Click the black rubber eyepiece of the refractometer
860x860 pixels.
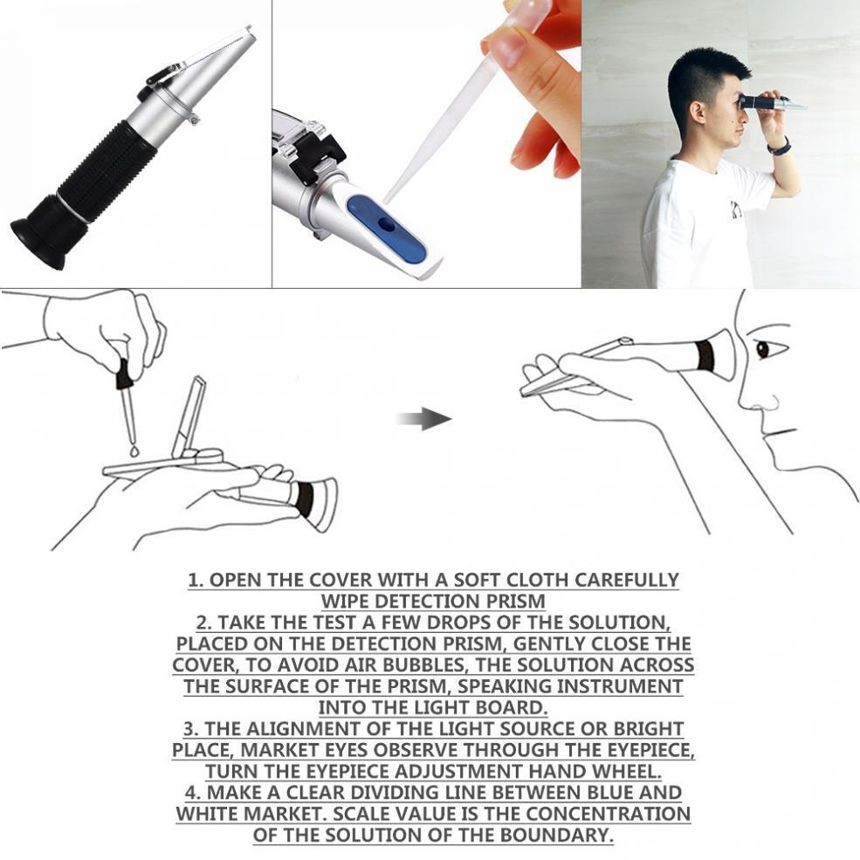(48, 229)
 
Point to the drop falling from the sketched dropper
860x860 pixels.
(133, 451)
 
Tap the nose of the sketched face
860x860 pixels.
(749, 397)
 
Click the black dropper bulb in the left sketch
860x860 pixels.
(124, 375)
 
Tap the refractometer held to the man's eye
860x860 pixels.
(769, 103)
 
